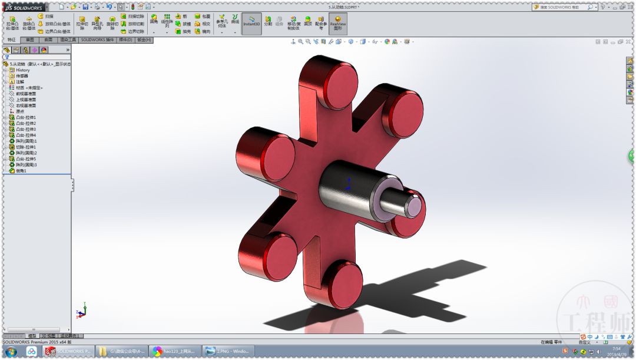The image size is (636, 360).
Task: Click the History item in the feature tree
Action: [22, 70]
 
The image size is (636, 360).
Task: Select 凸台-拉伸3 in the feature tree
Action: [25, 129]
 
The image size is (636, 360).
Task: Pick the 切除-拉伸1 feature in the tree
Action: [25, 147]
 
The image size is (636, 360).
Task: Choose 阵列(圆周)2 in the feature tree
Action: [26, 153]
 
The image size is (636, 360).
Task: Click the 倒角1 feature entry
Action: [21, 170]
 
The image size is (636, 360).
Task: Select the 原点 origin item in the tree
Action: [19, 111]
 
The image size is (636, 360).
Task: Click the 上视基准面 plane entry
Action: [25, 100]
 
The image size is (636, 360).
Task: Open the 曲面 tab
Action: [48, 40]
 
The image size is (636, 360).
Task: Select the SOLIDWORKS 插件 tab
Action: [98, 40]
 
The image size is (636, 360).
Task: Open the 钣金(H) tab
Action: [144, 40]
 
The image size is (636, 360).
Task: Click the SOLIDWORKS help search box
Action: [559, 7]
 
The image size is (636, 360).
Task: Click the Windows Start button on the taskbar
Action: [11, 352]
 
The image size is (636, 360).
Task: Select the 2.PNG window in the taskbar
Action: [229, 352]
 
